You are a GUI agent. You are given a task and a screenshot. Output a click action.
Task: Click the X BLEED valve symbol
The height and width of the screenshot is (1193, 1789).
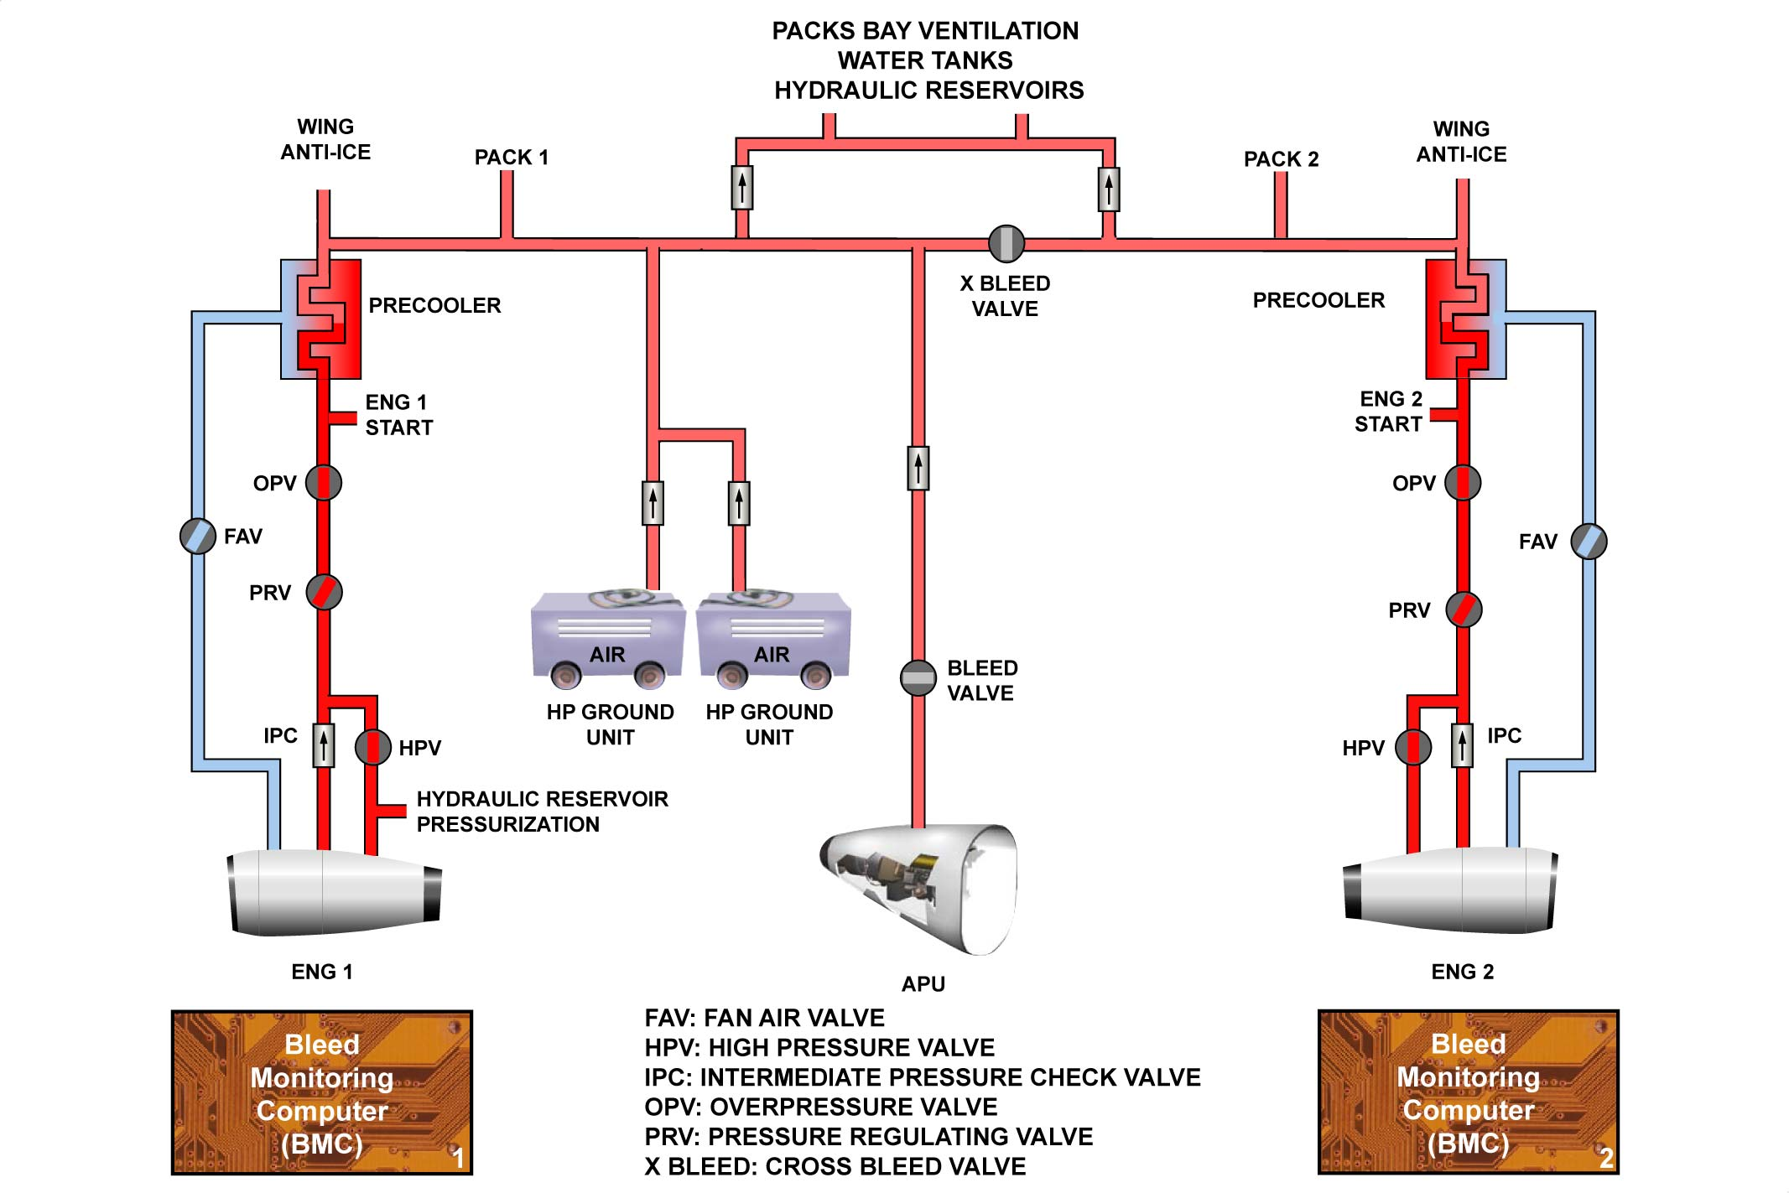(1006, 243)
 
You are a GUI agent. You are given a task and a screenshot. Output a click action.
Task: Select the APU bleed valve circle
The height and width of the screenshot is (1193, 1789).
(918, 677)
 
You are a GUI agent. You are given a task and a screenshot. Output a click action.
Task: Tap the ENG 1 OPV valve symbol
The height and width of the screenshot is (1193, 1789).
(324, 483)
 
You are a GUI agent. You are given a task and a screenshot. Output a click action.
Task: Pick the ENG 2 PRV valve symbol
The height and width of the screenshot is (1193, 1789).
(1464, 609)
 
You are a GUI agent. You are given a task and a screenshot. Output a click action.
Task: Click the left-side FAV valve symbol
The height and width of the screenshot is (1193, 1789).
(198, 536)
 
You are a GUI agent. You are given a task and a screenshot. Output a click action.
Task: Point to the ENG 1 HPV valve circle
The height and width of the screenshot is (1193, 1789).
(372, 746)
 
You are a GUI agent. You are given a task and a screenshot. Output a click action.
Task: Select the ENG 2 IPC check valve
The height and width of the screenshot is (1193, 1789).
(1462, 744)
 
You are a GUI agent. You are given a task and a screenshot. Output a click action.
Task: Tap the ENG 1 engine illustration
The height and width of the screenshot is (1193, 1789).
(334, 892)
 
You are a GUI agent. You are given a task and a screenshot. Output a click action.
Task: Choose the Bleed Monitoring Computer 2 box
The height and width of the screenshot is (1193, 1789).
(1468, 1092)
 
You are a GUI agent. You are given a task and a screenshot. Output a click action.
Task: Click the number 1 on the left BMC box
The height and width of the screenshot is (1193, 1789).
(458, 1158)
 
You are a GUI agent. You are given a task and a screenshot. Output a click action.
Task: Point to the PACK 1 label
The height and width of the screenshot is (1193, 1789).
(511, 158)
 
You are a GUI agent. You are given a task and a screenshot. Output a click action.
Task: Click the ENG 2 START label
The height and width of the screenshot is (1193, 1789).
(1388, 412)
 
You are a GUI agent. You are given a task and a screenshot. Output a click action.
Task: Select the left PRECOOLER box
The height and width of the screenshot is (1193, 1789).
(322, 319)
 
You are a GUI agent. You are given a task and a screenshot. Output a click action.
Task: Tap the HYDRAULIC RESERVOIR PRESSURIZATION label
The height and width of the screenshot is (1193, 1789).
(542, 812)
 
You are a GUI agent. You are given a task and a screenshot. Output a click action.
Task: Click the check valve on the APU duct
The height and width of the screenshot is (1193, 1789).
(918, 467)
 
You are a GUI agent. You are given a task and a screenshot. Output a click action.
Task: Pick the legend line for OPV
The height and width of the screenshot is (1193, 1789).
(820, 1107)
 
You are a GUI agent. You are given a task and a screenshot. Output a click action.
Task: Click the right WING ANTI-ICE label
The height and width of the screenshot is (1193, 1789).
(1461, 142)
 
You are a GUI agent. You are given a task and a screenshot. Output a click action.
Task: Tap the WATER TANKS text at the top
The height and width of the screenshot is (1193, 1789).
(925, 60)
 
